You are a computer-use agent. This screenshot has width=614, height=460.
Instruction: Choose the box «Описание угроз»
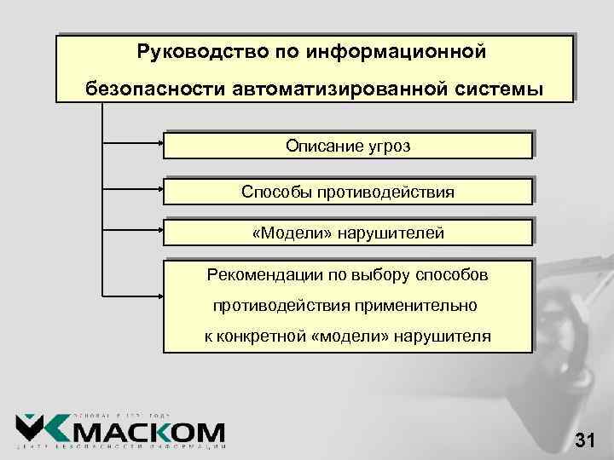(x=348, y=146)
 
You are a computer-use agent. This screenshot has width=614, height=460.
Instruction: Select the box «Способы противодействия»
(x=348, y=192)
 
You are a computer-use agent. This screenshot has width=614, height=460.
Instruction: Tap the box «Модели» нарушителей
(x=348, y=233)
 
